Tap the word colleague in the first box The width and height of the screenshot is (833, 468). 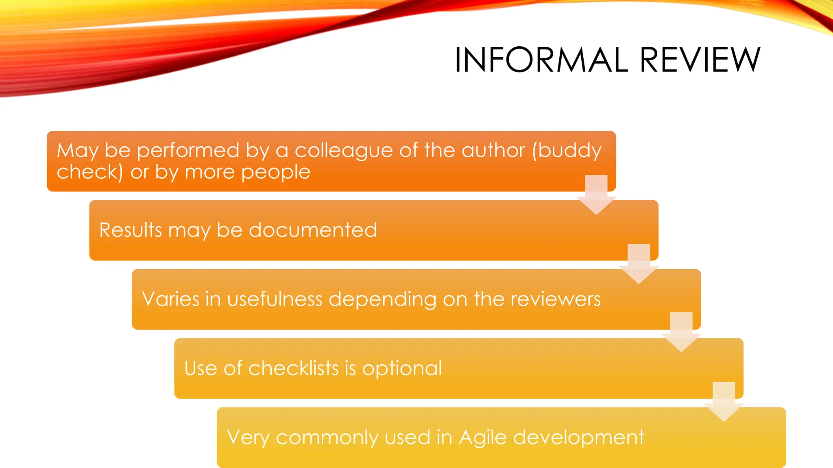coord(344,151)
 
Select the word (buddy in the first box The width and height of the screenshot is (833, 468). coord(567,151)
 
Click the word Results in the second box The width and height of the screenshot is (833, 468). coord(131,230)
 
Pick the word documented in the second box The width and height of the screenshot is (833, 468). coord(313,230)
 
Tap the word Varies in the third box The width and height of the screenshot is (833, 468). coord(170,299)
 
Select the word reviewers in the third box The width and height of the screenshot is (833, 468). coord(555,299)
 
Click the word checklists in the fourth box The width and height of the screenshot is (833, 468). coord(294,368)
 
